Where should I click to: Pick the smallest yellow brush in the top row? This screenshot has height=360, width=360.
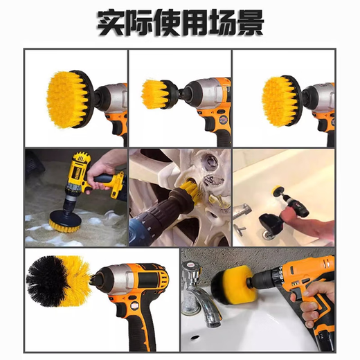(156, 94)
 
